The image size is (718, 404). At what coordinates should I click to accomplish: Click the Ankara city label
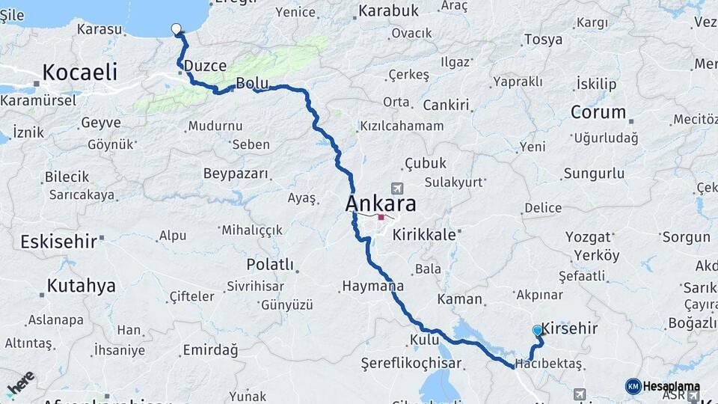[381, 204]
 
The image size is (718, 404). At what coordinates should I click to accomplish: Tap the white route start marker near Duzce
[177, 29]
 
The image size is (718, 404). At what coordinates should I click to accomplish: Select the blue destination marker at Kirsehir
[538, 330]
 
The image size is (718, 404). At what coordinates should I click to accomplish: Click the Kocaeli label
[80, 72]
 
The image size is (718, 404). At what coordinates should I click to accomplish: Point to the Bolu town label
[251, 82]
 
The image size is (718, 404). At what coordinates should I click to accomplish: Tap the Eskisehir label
[59, 242]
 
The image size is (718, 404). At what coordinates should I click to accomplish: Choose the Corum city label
[598, 112]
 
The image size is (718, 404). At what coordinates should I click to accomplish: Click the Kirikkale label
[424, 234]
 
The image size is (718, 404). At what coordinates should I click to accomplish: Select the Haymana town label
[373, 286]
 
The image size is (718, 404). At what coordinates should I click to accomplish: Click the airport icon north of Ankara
[396, 189]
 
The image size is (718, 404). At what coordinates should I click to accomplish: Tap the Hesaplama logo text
[672, 386]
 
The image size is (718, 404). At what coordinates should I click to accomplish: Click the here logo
[20, 382]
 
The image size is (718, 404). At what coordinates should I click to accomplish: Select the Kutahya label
[82, 286]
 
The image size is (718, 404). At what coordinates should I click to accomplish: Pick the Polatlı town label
[270, 264]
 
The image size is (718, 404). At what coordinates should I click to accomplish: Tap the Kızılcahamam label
[402, 126]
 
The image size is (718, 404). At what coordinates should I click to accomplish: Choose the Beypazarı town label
[236, 174]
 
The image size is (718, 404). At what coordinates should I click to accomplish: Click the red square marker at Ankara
[381, 218]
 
